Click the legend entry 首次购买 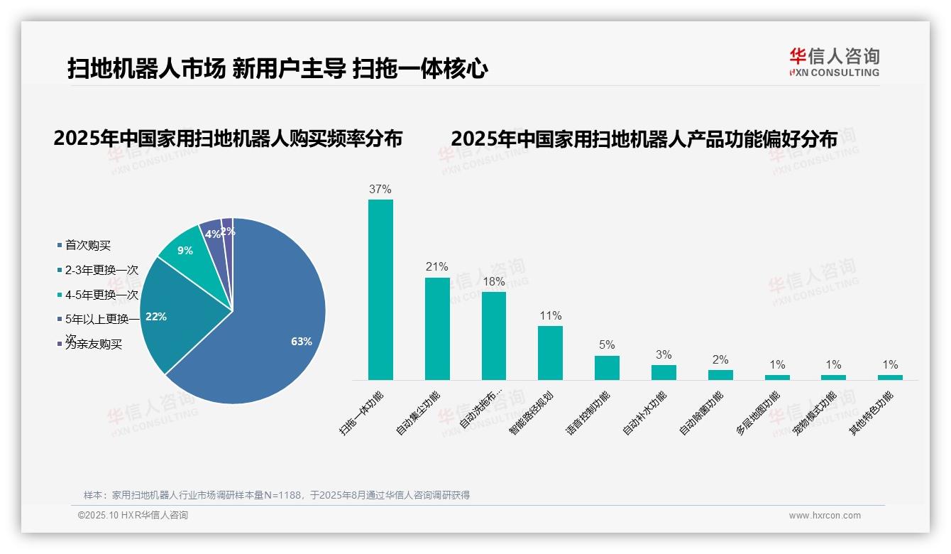(88, 246)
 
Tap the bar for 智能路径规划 (550, 353)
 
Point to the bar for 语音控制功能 (607, 368)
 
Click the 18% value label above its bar (493, 282)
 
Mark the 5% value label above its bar (607, 345)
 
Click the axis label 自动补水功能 (644, 413)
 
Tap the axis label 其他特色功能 (872, 413)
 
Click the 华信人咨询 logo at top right (835, 62)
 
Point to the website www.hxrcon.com (825, 516)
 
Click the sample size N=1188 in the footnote (282, 495)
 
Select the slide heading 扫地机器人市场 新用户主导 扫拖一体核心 (277, 69)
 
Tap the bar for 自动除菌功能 (720, 375)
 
